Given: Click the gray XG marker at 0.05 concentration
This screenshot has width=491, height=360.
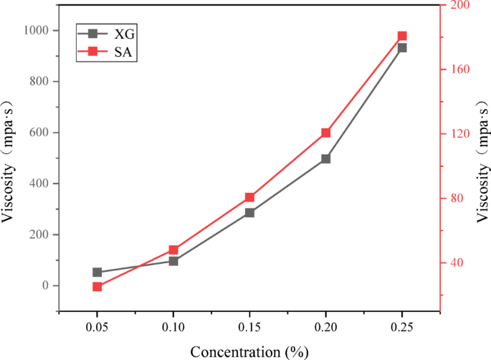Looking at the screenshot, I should [97, 273].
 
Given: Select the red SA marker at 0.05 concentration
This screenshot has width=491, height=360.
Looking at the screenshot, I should [97, 287].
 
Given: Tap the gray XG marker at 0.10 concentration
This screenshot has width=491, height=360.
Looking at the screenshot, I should [173, 261].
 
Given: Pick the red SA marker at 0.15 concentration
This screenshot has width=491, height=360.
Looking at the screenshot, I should [249, 197].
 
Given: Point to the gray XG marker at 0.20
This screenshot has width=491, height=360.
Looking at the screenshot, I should [325, 158].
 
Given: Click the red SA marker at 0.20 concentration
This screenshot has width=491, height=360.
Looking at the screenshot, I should [325, 133].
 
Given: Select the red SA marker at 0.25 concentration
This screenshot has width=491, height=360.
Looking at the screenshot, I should [402, 36].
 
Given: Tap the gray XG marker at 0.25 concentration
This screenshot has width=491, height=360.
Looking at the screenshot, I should [402, 47].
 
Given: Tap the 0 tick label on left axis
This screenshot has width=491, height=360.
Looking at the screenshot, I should [45, 285].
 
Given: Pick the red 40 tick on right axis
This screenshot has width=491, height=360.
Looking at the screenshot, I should [455, 263].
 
